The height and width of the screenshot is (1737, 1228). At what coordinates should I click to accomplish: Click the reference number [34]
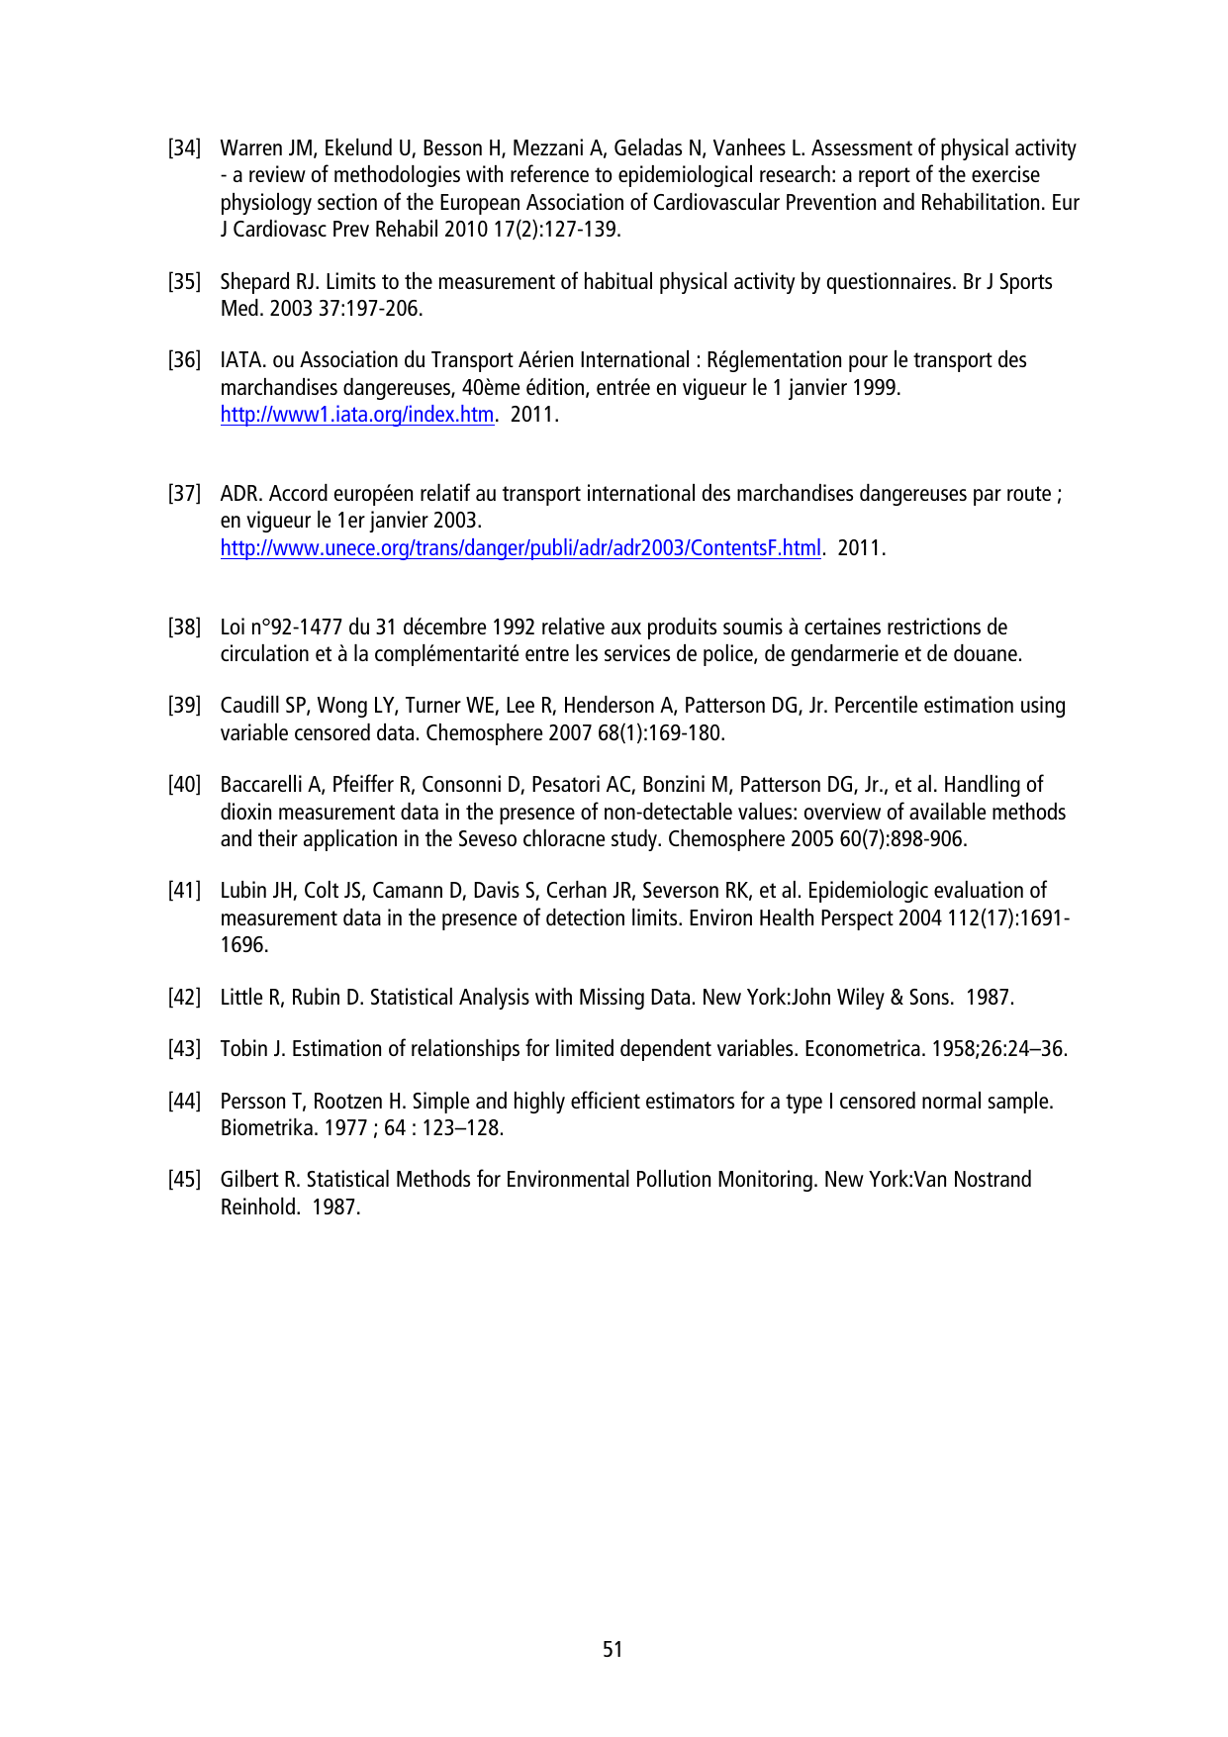(184, 148)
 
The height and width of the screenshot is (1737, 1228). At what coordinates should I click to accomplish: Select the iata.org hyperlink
(356, 415)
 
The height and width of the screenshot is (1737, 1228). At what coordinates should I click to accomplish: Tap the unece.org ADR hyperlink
(520, 548)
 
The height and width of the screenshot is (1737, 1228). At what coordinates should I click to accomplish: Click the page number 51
(613, 1649)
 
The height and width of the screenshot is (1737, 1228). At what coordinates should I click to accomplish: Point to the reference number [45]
(184, 1180)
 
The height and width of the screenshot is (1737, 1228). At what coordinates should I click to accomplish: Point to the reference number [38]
(184, 627)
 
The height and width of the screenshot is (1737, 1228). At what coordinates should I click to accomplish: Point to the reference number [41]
(184, 891)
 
